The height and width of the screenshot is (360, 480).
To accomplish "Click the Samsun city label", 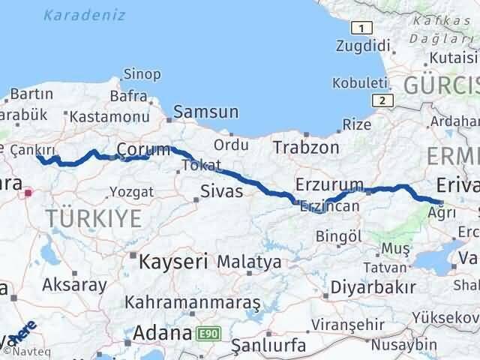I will (x=206, y=113).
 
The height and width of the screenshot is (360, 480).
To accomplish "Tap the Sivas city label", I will (x=222, y=191).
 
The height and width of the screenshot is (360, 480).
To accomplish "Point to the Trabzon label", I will (x=306, y=147).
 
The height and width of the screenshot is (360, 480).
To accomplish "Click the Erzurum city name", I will (x=329, y=184).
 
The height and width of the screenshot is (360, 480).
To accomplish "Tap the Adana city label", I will (x=160, y=332).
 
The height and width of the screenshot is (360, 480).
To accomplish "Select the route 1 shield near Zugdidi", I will (x=362, y=28).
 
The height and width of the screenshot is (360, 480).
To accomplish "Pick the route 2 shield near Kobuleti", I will (x=382, y=100).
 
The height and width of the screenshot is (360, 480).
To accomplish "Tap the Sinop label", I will (x=141, y=73).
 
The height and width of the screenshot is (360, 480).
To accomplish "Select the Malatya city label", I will (x=250, y=262).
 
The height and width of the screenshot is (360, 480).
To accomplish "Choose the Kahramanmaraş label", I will (x=193, y=303).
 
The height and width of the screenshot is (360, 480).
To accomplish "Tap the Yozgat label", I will (x=131, y=192).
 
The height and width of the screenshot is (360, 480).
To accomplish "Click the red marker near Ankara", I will (x=28, y=193).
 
